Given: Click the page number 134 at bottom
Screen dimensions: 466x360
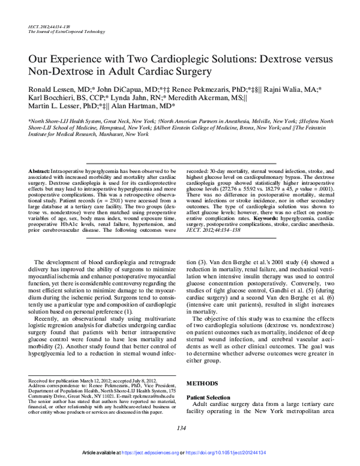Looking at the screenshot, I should coord(180,427).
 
